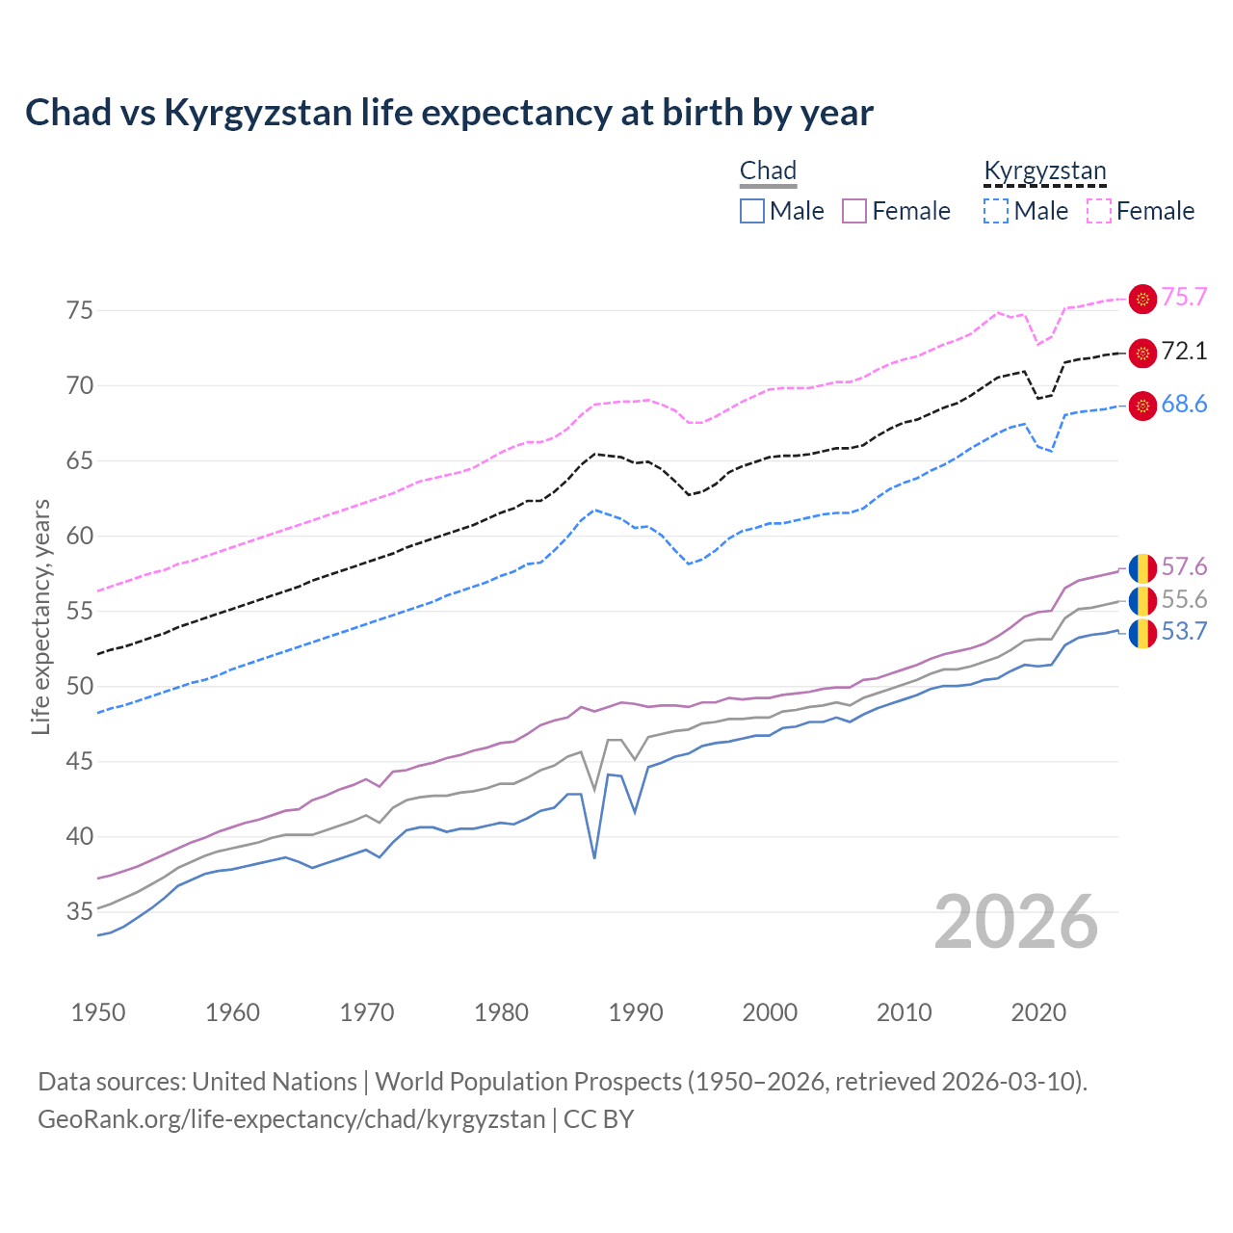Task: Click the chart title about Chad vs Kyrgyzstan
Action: [449, 113]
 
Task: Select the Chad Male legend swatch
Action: [752, 211]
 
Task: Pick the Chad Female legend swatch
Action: [854, 211]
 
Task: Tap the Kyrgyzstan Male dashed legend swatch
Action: [996, 211]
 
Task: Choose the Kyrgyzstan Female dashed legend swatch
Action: [1099, 211]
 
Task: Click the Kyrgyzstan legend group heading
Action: [1045, 171]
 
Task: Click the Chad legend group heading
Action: [768, 171]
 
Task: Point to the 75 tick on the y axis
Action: [80, 310]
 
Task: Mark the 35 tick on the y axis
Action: [80, 911]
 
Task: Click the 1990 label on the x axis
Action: [636, 1012]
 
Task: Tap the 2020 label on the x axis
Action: [1038, 1012]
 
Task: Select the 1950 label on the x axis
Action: [98, 1012]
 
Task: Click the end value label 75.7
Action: [1184, 298]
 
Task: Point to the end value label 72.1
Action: [1184, 352]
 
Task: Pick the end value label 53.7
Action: [1184, 632]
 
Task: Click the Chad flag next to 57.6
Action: [1142, 568]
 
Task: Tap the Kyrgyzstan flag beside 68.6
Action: [1142, 407]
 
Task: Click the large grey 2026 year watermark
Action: [1016, 922]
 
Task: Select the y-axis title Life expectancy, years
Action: [41, 616]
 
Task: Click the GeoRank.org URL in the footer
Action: [291, 1119]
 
